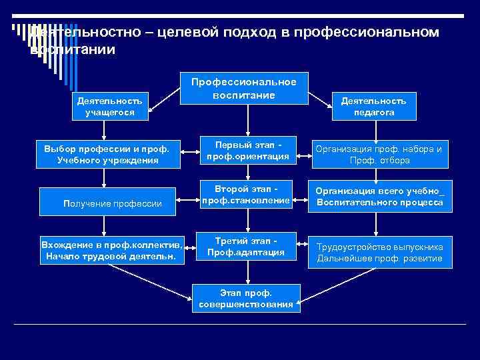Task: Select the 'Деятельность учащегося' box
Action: point(109,106)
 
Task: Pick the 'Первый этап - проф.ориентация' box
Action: point(247,151)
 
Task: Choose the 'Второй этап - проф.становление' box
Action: point(247,194)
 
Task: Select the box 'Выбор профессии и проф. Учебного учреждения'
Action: point(108,154)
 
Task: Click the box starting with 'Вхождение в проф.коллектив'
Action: point(112,249)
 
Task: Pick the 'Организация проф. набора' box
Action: point(378,155)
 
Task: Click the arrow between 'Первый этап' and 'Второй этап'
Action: point(247,173)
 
